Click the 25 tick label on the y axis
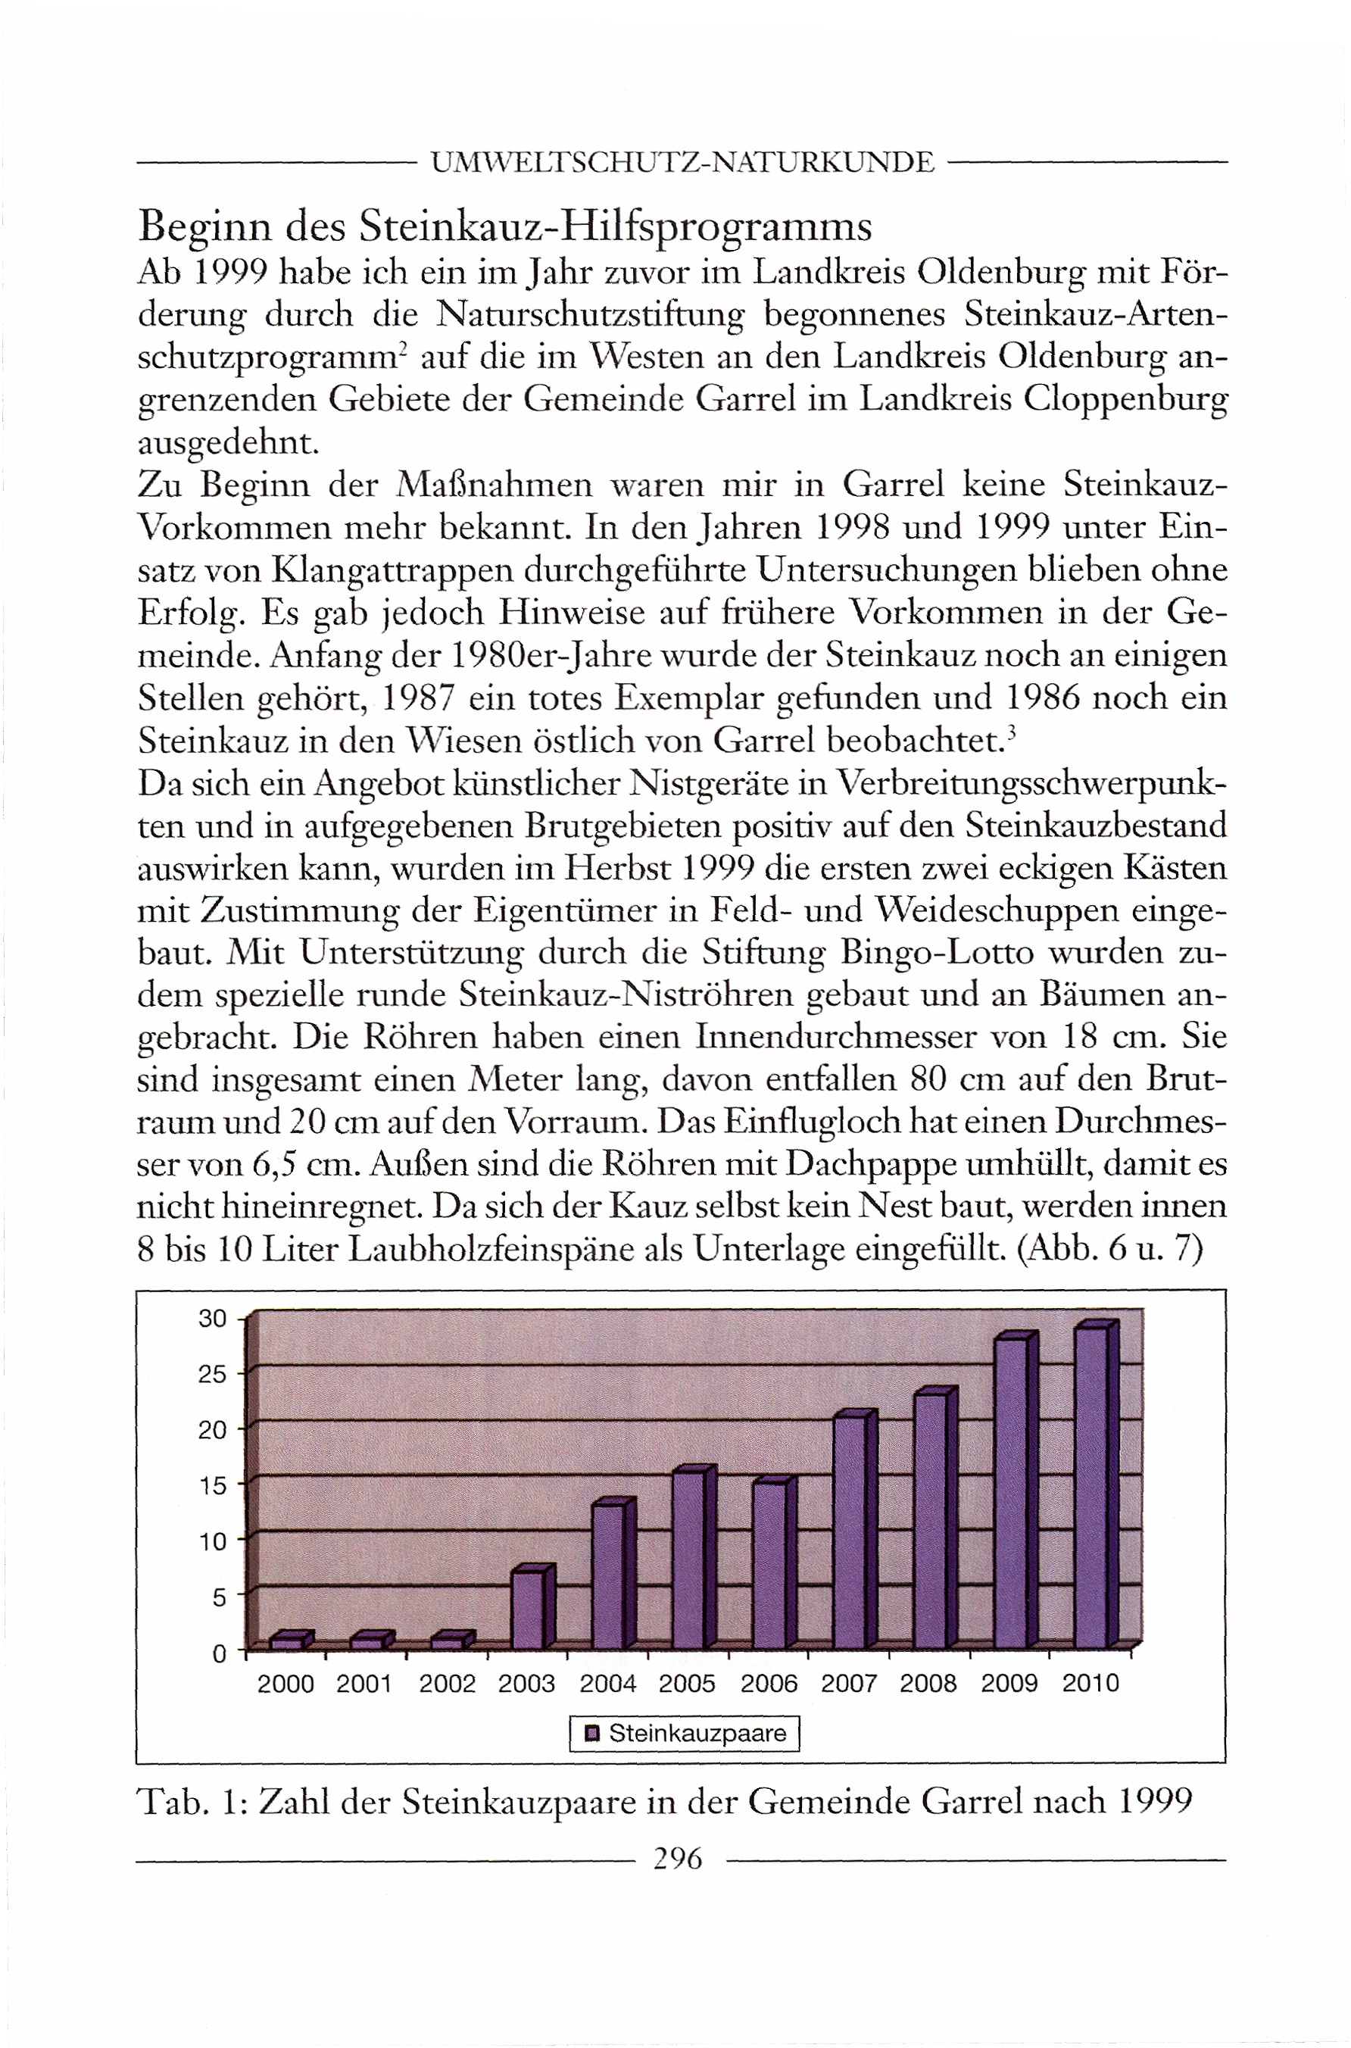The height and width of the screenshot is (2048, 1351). pos(212,1373)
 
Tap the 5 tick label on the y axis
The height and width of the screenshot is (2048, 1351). pos(218,1597)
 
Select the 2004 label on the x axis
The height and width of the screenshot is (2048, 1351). pos(607,1684)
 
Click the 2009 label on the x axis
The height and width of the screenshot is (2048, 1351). pos(1009,1684)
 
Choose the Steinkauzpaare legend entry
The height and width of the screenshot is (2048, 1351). pos(686,1734)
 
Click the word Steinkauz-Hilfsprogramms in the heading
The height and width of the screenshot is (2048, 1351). pos(615,226)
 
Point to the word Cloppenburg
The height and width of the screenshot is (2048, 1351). pos(1125,401)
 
